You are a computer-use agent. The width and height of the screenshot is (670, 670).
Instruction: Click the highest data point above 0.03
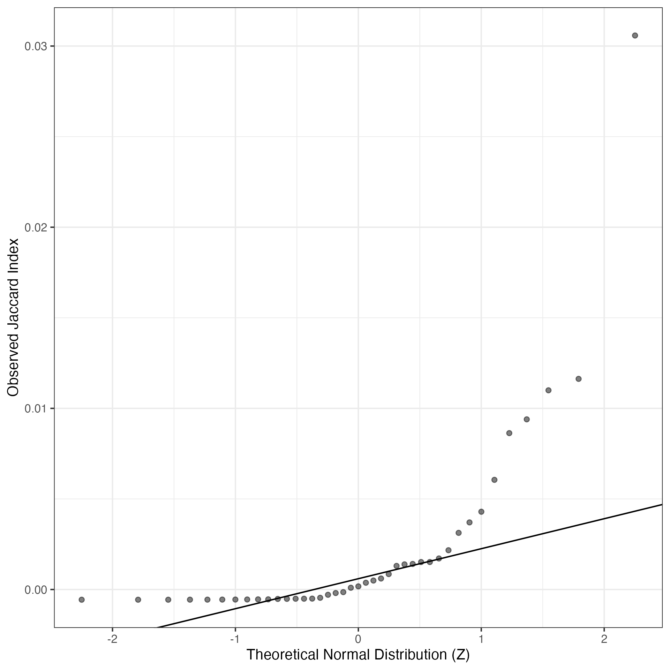(x=635, y=35)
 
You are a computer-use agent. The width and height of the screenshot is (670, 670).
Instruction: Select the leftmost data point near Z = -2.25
(x=82, y=599)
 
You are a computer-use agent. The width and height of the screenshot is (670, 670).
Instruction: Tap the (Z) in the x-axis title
(x=461, y=655)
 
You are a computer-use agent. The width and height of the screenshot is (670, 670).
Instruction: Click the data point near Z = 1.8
(x=578, y=379)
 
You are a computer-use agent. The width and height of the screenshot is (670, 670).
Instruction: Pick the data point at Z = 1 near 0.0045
(x=481, y=511)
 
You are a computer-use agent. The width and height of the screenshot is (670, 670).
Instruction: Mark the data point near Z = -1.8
(x=138, y=599)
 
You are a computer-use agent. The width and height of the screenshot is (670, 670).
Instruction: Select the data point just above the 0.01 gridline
(x=548, y=390)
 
